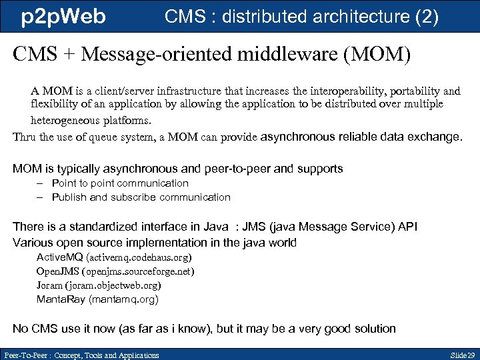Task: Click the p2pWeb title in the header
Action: pyautogui.click(x=63, y=17)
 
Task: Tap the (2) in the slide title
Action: pyautogui.click(x=427, y=17)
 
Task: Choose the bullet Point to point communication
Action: pyautogui.click(x=120, y=183)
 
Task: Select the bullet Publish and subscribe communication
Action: pyautogui.click(x=141, y=197)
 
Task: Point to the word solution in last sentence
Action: pyautogui.click(x=374, y=329)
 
